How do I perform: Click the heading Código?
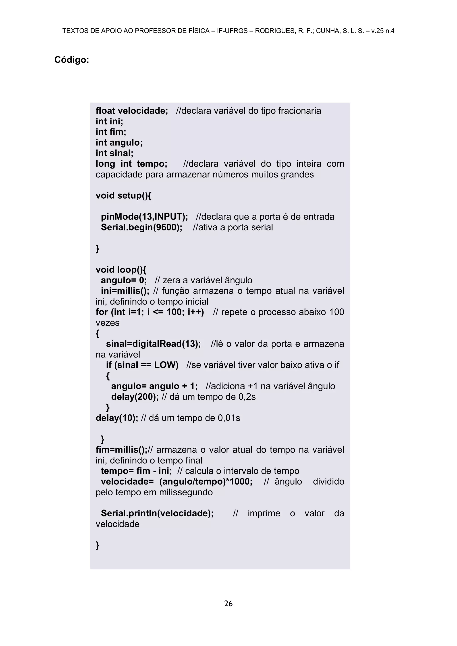coord(72,60)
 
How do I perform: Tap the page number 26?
coord(228,604)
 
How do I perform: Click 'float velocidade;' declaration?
coord(132,111)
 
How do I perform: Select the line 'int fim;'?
coord(111,132)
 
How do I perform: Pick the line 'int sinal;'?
coord(114,153)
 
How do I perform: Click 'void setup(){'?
coord(124,195)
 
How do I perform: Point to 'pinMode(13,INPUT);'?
coord(144,217)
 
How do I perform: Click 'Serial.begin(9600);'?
coord(141,227)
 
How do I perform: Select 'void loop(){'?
coord(121,270)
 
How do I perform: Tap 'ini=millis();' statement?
coord(125,291)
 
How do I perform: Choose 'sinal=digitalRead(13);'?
coord(153,344)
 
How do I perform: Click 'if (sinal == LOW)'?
coord(142,365)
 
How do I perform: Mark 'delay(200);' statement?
coord(135,397)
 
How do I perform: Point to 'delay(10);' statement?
coord(117,418)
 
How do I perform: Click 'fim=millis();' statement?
coord(121,450)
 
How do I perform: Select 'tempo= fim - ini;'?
coord(136,471)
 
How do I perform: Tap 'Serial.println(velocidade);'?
coord(157,513)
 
